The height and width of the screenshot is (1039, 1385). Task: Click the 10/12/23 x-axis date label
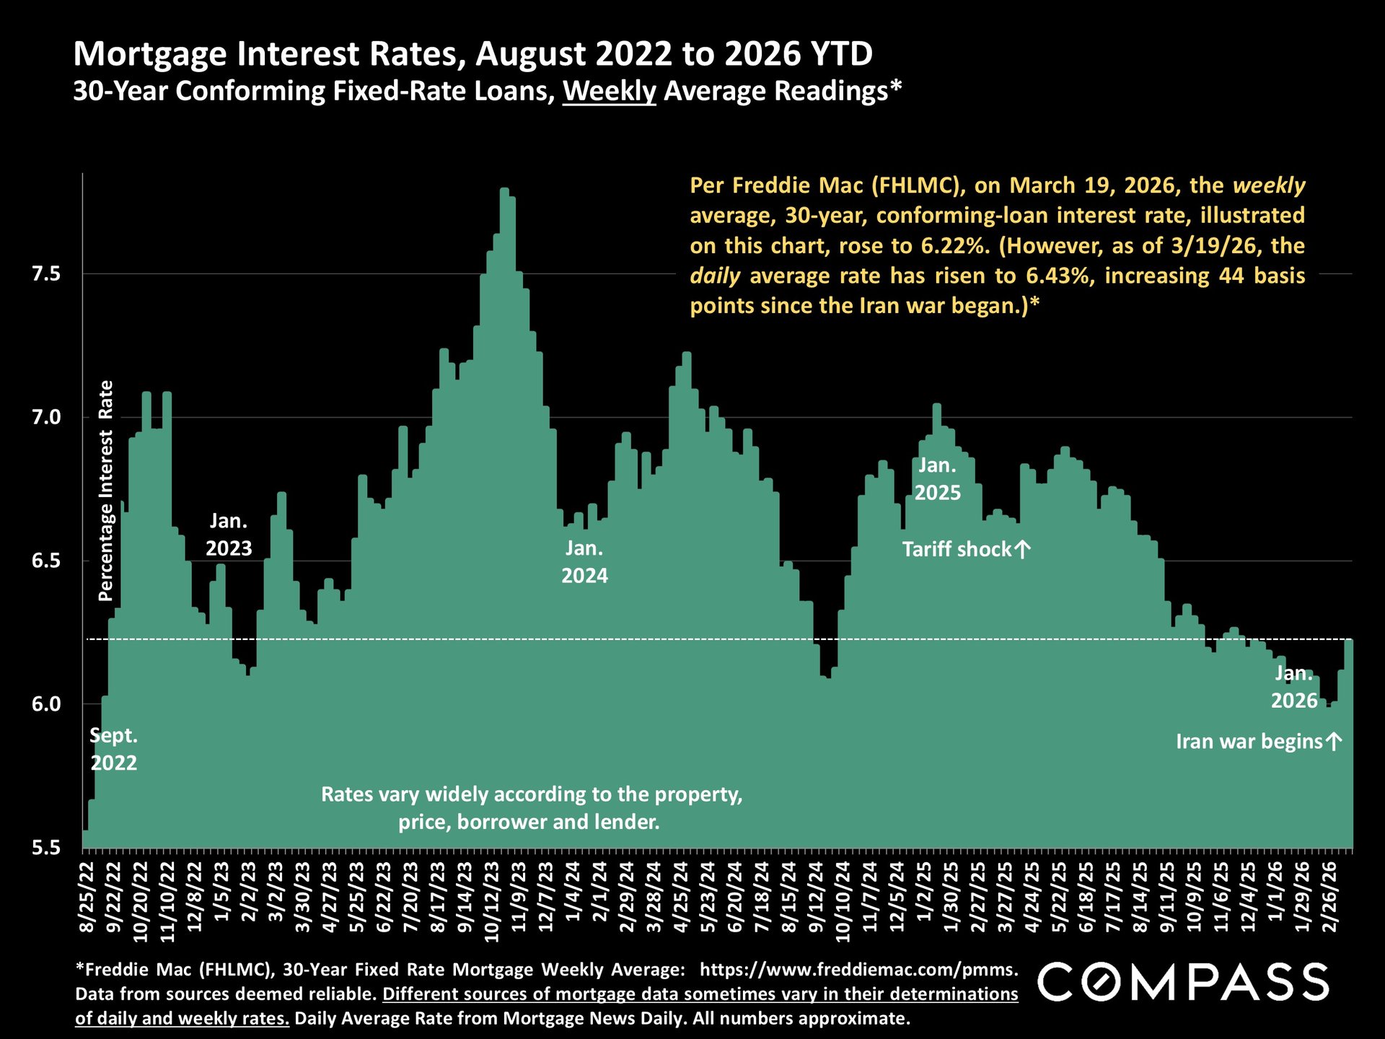493,898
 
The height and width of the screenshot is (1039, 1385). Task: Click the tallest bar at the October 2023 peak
504,505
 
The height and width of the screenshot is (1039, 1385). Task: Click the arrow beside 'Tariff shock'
1022,550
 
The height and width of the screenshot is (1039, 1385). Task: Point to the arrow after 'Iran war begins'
1334,742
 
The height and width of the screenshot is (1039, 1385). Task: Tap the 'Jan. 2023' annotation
229,535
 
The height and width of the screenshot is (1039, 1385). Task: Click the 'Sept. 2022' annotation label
113,750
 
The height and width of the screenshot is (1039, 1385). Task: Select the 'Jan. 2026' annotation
1293,687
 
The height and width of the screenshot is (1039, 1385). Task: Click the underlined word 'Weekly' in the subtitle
609,92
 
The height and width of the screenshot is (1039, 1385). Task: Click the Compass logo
1183,982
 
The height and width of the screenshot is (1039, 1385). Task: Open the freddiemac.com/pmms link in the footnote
859,970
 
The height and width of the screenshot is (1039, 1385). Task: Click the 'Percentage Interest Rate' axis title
106,491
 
